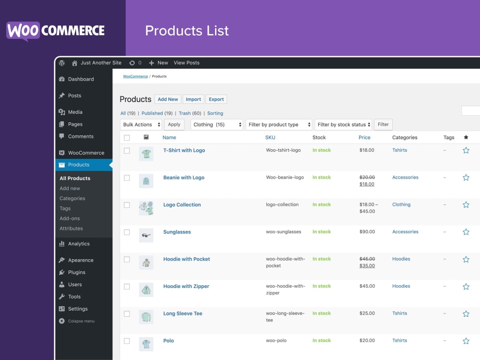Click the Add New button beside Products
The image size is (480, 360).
tap(168, 99)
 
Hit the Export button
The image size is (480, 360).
tap(216, 99)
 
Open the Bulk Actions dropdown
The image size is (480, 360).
tap(141, 125)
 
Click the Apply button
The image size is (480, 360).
tap(174, 125)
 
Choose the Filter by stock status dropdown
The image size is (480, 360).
tap(343, 125)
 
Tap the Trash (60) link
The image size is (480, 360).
tap(190, 113)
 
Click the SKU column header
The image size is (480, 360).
tap(270, 137)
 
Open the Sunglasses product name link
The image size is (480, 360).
tap(177, 232)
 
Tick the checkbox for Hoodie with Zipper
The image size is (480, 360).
tap(127, 287)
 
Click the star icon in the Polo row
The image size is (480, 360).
tap(466, 341)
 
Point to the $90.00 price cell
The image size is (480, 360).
tap(367, 232)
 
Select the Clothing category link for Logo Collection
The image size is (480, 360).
tap(401, 204)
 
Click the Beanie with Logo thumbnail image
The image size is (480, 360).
tap(146, 181)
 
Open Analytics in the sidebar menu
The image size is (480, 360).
tap(79, 244)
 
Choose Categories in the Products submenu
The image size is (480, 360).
tap(72, 199)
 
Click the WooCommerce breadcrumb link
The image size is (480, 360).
tap(135, 76)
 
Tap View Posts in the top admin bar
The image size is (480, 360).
tap(186, 63)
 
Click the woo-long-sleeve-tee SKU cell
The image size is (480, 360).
tap(285, 317)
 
